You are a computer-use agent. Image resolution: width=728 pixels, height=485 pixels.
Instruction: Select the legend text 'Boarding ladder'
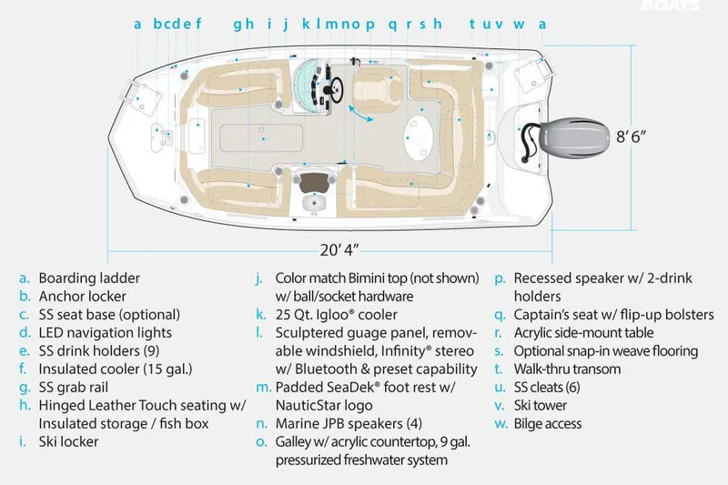pos(89,278)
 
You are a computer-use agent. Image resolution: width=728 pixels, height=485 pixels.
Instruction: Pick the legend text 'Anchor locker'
pos(82,296)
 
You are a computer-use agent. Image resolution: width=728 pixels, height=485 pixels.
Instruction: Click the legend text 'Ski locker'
pos(68,441)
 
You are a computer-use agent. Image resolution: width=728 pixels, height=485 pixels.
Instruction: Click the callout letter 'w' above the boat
pos(519,25)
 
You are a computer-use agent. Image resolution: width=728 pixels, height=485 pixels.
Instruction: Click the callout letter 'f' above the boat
pos(198,25)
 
